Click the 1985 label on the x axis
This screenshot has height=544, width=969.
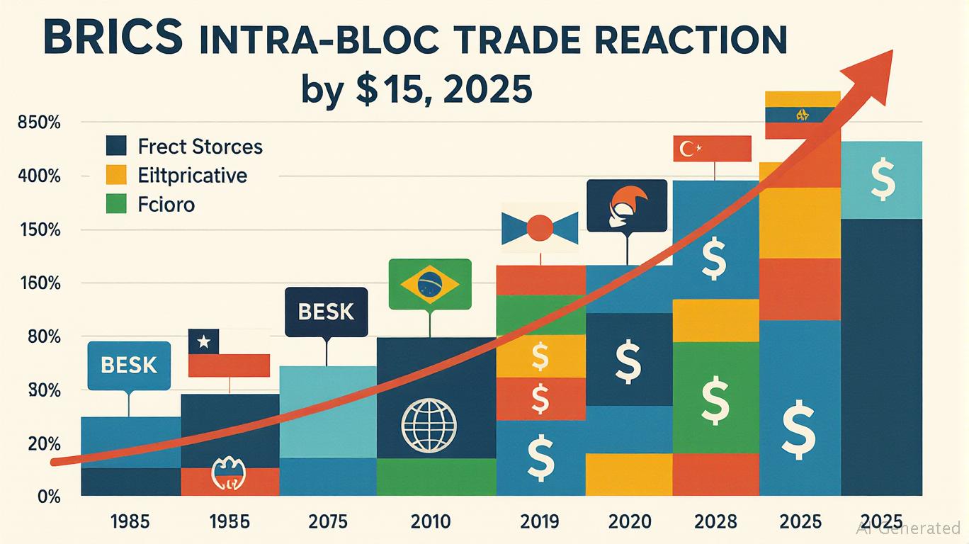click(x=130, y=522)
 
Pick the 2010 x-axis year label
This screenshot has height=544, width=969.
click(x=431, y=522)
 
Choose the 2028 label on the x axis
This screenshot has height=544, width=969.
click(x=715, y=522)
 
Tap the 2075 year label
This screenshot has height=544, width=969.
click(x=328, y=522)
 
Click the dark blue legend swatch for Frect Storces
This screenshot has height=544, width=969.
click(x=115, y=146)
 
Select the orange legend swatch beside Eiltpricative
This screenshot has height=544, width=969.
click(x=115, y=174)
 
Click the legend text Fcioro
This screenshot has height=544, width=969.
click(x=166, y=205)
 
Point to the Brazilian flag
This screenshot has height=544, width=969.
click(x=430, y=284)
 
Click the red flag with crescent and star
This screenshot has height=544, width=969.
click(x=711, y=149)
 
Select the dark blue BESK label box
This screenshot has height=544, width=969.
click(x=326, y=312)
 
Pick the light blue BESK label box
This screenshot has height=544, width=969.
click(x=128, y=365)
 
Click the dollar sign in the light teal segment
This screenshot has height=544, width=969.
click(x=882, y=180)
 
